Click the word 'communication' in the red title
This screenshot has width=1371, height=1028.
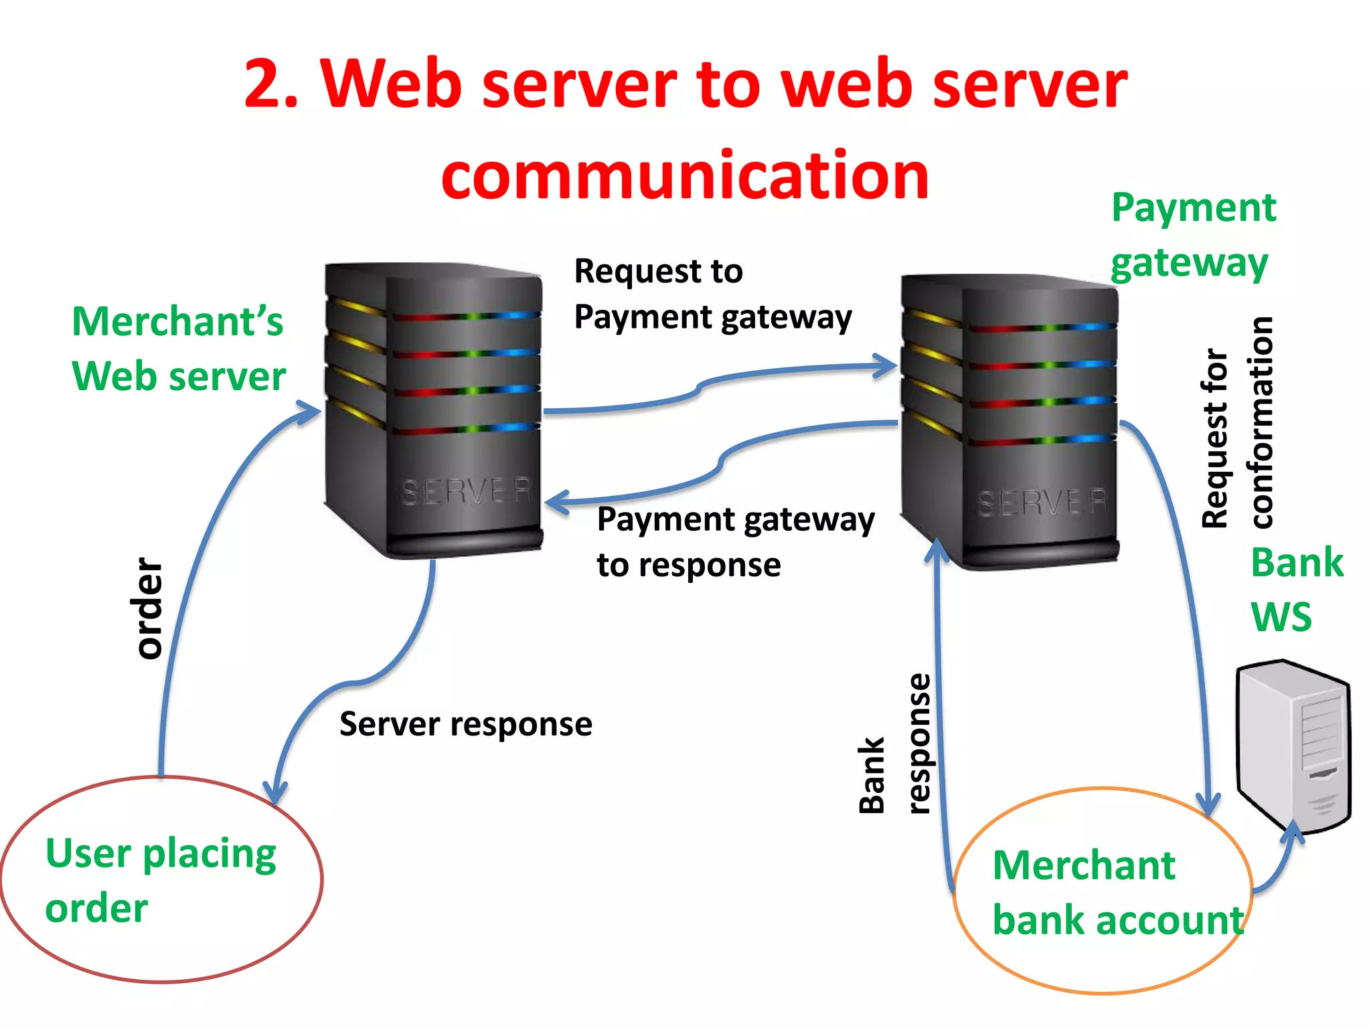[x=685, y=175]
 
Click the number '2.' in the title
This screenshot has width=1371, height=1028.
[x=271, y=84]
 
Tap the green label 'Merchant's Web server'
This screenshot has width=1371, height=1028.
[x=178, y=348]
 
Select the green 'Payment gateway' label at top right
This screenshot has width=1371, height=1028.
[x=1193, y=234]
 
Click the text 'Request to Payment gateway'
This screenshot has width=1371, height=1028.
[x=712, y=294]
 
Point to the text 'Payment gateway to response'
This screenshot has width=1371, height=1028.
[x=735, y=541]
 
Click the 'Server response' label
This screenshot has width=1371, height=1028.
[x=465, y=724]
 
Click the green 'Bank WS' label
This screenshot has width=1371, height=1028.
[x=1295, y=589]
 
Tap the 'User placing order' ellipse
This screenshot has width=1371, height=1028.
[x=161, y=879]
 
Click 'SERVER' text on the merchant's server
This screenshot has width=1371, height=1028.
[x=466, y=491]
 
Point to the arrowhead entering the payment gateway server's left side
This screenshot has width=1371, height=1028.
[x=888, y=365]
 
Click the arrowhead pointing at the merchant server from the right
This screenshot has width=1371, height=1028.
[x=556, y=502]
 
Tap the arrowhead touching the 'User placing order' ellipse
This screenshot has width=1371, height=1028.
[x=274, y=793]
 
